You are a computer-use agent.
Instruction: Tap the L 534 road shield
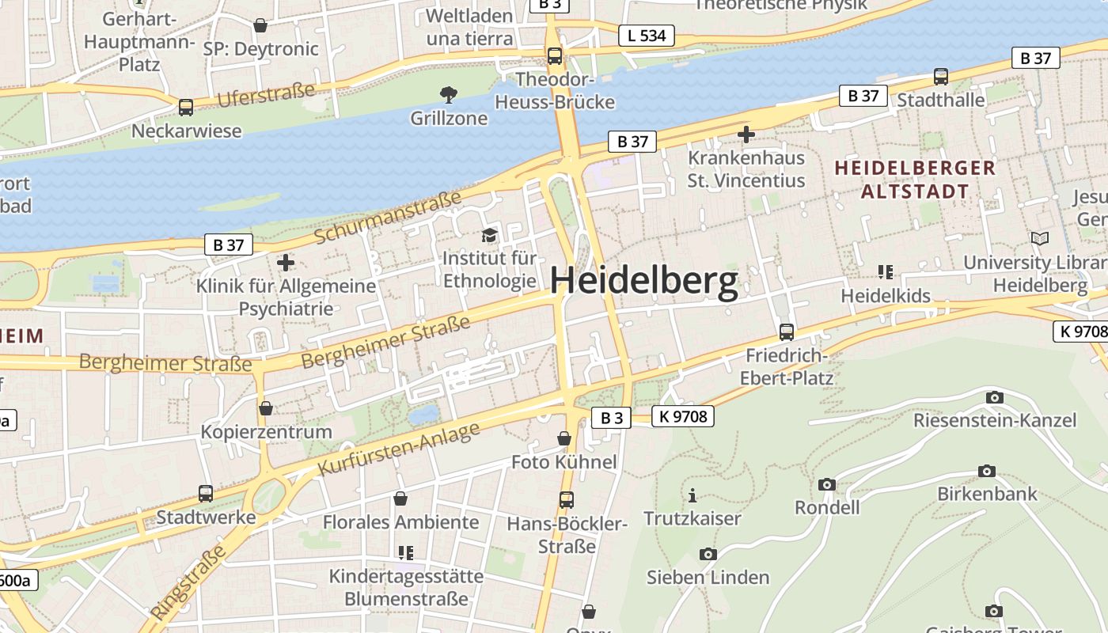(x=646, y=36)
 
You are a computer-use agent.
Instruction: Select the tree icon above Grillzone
(x=449, y=96)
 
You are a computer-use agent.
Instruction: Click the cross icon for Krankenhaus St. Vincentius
(x=746, y=135)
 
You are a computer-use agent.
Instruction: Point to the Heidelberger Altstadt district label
(x=915, y=180)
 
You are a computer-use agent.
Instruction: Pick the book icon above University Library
(x=1039, y=238)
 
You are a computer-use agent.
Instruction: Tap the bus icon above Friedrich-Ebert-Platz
(x=786, y=332)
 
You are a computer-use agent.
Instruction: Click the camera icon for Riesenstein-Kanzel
(x=994, y=397)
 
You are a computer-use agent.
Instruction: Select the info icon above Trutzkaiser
(x=692, y=496)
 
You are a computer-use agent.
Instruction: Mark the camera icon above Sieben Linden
(x=708, y=555)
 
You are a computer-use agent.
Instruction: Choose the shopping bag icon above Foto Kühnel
(x=563, y=438)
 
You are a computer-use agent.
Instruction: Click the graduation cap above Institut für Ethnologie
(x=489, y=235)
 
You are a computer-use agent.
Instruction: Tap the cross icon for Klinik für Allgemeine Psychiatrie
(x=286, y=262)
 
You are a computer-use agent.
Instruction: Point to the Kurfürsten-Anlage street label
(x=399, y=449)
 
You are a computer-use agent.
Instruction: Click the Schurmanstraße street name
(x=388, y=218)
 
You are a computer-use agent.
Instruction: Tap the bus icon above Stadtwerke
(x=205, y=494)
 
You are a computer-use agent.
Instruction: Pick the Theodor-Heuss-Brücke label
(x=554, y=91)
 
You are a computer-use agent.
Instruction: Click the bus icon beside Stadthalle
(x=940, y=77)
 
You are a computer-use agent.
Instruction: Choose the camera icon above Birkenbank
(x=986, y=472)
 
